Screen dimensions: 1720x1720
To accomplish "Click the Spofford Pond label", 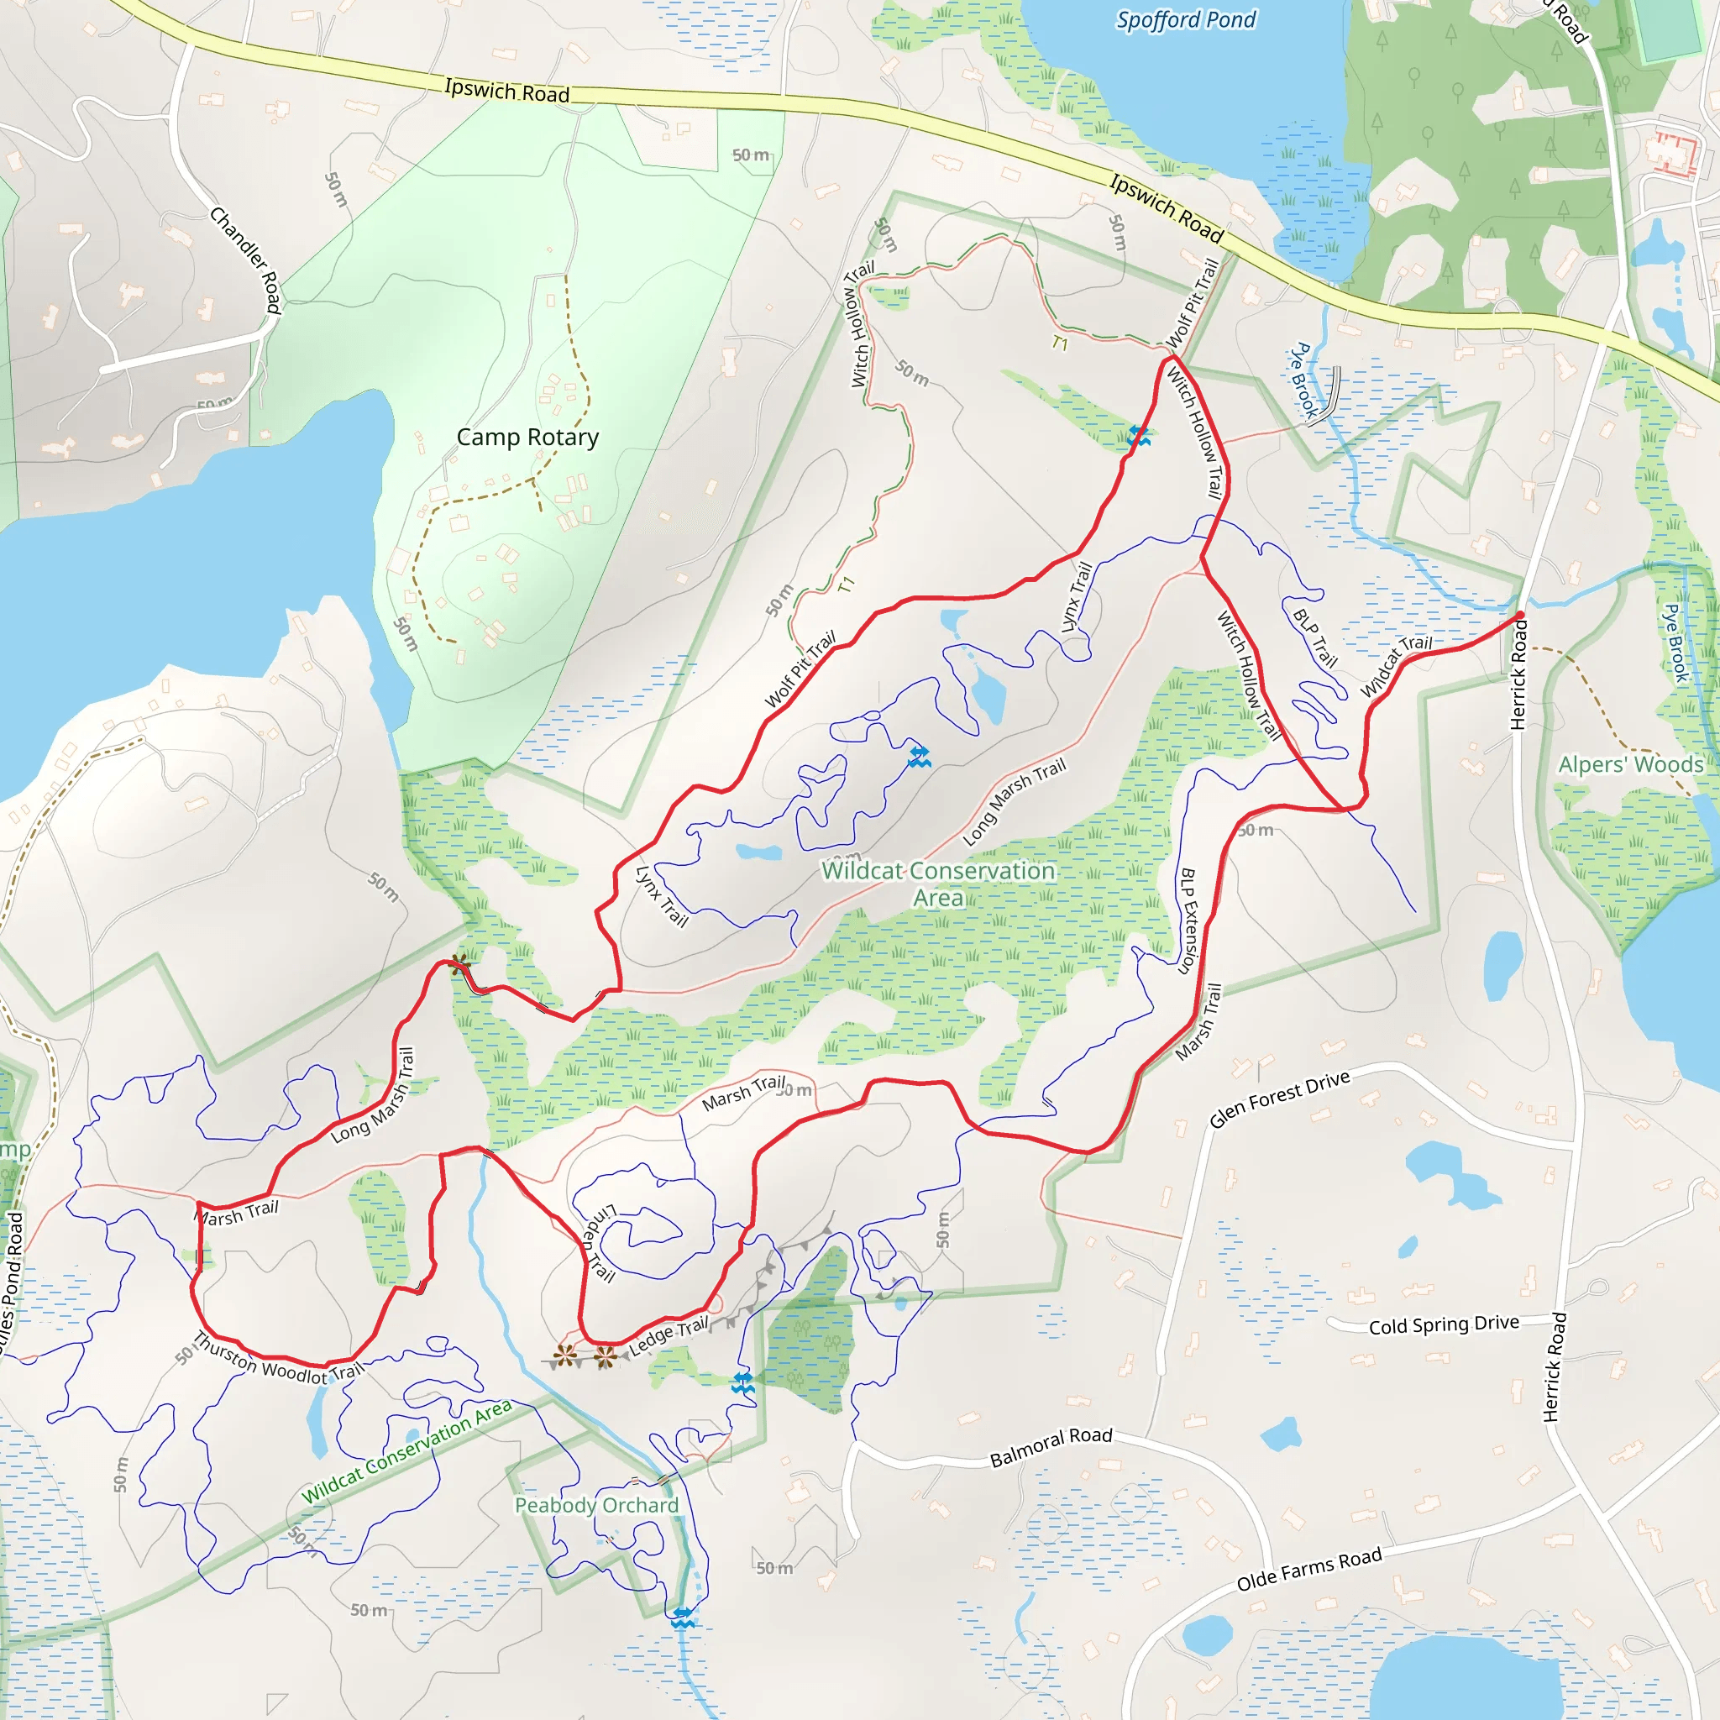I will [1186, 20].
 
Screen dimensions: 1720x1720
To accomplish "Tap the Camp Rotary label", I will [527, 437].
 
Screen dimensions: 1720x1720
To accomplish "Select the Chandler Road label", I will [247, 260].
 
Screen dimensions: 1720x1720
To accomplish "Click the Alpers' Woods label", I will [1630, 765].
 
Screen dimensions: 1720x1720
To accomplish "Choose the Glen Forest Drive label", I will [1279, 1099].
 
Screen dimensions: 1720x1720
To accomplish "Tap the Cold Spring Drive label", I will [1443, 1324].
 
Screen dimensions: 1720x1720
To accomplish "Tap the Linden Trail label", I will [598, 1243].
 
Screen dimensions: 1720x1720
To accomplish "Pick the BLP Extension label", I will [1189, 921].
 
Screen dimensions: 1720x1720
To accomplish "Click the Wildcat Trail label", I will [1396, 666].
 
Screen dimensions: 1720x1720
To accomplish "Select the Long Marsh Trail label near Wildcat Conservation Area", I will [1014, 802].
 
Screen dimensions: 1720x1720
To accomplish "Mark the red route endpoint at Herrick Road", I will [1521, 614].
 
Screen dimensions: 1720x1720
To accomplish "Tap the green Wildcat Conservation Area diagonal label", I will [406, 1451].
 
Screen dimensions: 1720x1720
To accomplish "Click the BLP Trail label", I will [1315, 638].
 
